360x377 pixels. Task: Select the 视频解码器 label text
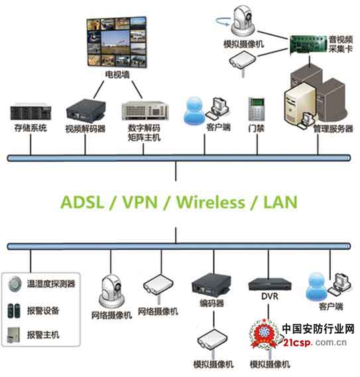coord(85,128)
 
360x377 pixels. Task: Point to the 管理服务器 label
coord(333,129)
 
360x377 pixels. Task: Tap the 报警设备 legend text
coord(43,309)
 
